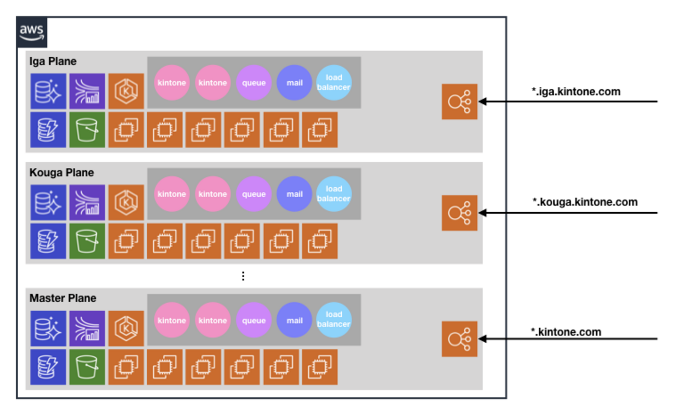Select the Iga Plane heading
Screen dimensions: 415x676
(53, 61)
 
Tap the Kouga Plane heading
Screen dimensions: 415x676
(61, 173)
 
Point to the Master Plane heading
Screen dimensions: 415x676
(63, 299)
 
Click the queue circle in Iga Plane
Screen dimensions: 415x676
(254, 83)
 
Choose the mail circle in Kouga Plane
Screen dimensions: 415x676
(294, 194)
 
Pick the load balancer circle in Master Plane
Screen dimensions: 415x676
(334, 319)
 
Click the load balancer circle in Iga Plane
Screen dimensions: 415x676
(334, 83)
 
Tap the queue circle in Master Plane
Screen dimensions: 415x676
(254, 320)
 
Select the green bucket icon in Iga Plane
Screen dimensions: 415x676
(87, 129)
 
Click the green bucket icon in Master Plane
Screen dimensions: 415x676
(87, 367)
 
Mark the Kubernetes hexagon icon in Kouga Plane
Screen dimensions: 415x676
(126, 202)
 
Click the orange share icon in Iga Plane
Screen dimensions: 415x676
(460, 101)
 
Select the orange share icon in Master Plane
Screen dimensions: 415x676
(460, 339)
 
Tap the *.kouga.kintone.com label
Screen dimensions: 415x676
(585, 202)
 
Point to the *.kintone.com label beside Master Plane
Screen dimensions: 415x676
(566, 332)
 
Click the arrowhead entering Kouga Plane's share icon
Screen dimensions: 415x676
(483, 213)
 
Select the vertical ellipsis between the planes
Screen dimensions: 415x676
(243, 276)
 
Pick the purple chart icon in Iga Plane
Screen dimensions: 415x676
(87, 91)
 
